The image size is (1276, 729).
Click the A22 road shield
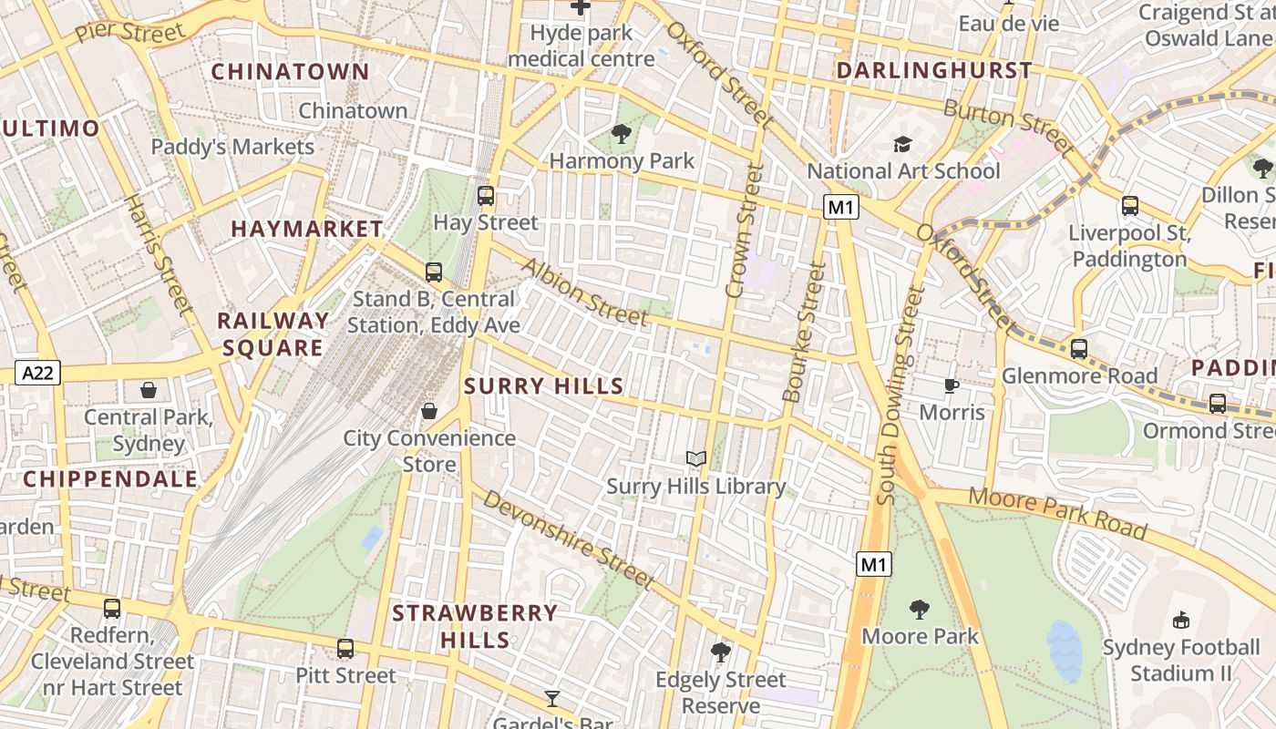coord(37,372)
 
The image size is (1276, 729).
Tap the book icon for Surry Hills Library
coord(696,458)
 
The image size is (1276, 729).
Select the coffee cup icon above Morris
coord(952,385)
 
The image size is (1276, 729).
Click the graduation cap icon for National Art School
coord(902,145)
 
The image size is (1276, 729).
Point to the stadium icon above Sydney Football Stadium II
coord(1181,621)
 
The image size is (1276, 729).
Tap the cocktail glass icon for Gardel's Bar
coord(552,699)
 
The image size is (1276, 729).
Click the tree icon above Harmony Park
coord(622,135)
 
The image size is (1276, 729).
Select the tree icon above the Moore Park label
coord(920,610)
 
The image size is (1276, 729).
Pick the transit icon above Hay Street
coord(486,195)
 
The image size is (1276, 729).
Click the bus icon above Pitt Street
coord(345,649)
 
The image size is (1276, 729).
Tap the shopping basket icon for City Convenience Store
coord(429,411)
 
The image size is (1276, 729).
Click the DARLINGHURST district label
coord(934,70)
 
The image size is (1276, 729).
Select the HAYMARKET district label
coord(307,229)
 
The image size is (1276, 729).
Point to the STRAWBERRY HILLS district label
coord(475,626)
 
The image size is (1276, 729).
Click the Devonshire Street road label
coord(568,539)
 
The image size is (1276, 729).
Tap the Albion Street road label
coord(583,292)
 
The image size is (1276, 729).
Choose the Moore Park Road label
coord(1057,513)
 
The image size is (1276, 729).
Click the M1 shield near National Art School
coord(840,208)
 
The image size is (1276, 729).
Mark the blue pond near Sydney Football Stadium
coord(1064,651)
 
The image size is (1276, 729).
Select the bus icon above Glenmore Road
coord(1079,348)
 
